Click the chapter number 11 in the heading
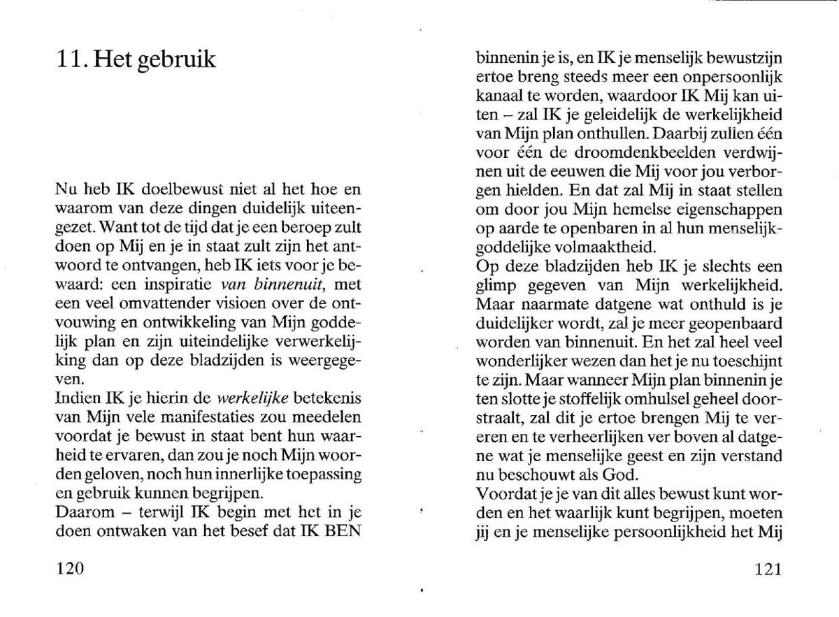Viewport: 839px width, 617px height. click(71, 60)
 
